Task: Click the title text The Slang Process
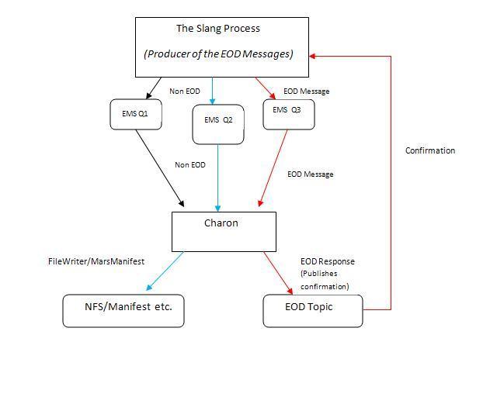pos(218,29)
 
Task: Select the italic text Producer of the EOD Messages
pos(218,54)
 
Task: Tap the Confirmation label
pos(429,150)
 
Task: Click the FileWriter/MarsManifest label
pos(96,261)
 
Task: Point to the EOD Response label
pos(327,261)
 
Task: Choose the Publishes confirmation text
pos(325,280)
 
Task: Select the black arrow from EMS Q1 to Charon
pos(159,167)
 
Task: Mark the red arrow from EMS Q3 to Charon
pos(273,167)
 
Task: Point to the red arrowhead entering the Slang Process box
pos(312,56)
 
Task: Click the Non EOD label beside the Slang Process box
pos(185,91)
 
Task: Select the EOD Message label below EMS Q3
pos(310,174)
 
